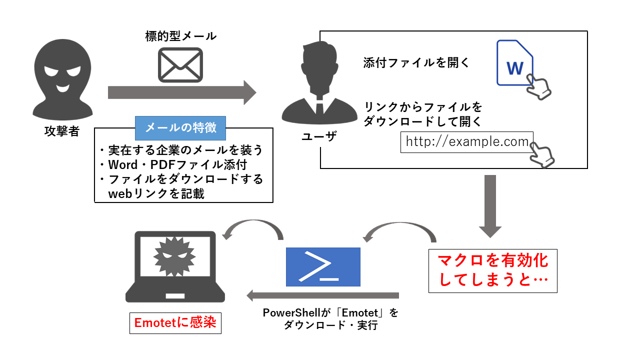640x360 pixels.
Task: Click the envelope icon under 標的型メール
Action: pyautogui.click(x=180, y=65)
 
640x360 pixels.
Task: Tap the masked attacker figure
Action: pyautogui.click(x=61, y=80)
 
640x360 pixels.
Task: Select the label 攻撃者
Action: pyautogui.click(x=61, y=132)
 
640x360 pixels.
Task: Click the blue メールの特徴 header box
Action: pyautogui.click(x=180, y=128)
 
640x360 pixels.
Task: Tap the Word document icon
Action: pyautogui.click(x=514, y=63)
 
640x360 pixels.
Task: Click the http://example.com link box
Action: pyautogui.click(x=467, y=141)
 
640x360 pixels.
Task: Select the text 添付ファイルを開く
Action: pyautogui.click(x=416, y=63)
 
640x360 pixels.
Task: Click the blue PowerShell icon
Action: pyautogui.click(x=323, y=267)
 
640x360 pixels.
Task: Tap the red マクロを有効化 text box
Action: pyautogui.click(x=492, y=271)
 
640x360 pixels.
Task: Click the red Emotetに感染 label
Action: pyautogui.click(x=175, y=323)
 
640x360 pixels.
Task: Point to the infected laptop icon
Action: pyautogui.click(x=175, y=267)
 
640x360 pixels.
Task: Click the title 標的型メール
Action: pyautogui.click(x=180, y=36)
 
